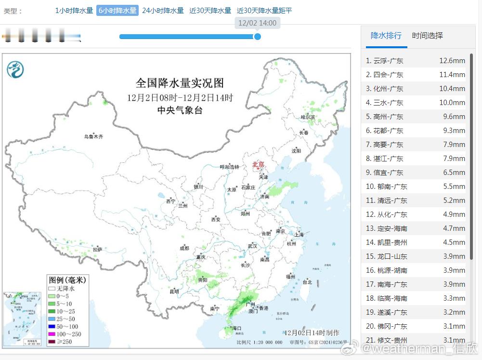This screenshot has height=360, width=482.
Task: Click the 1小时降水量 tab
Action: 74,11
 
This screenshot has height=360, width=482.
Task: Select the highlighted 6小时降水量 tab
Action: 117,11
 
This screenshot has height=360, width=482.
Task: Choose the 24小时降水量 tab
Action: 163,11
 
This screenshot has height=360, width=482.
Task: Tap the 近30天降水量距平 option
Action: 264,11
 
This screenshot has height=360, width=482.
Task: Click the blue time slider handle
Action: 258,36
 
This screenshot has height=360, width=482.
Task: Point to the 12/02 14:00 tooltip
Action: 257,23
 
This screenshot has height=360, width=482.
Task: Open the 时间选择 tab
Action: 427,36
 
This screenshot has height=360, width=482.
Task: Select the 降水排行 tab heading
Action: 386,36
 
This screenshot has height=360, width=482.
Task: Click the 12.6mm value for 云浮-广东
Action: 452,61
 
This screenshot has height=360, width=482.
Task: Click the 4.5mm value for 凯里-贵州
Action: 454,242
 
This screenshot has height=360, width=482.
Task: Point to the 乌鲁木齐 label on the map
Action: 93,137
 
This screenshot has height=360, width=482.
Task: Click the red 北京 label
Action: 258,165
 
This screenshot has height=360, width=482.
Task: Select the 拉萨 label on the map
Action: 98,250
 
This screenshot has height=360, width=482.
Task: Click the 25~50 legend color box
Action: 52,319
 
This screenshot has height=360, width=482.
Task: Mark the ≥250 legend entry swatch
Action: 52,342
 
